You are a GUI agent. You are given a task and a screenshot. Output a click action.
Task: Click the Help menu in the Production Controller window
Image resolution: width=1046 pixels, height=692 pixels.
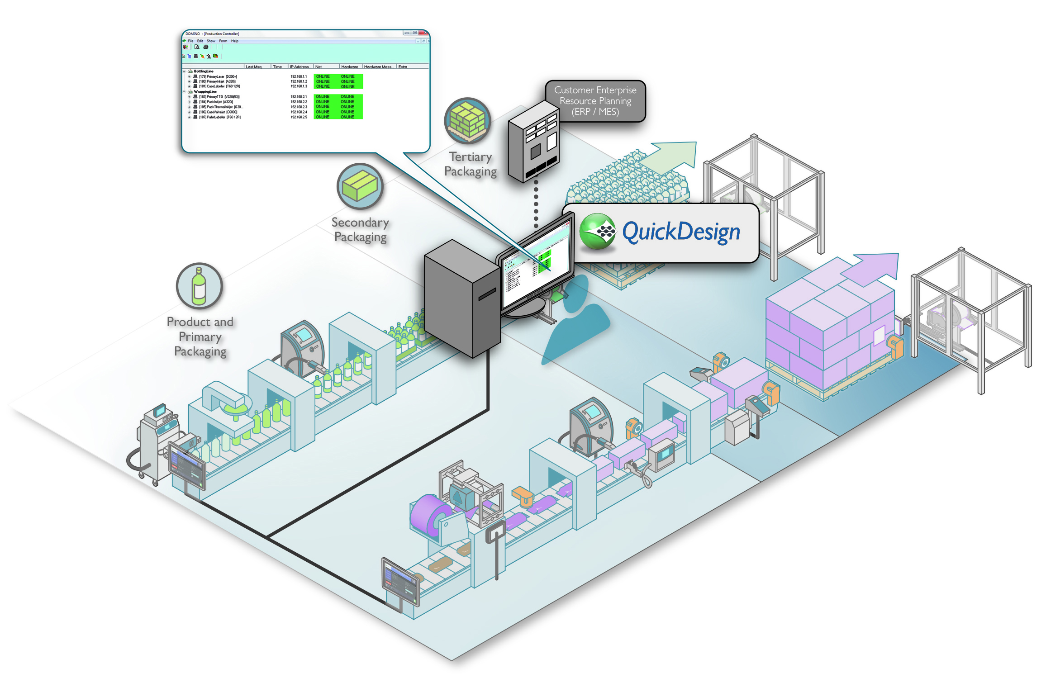coord(234,41)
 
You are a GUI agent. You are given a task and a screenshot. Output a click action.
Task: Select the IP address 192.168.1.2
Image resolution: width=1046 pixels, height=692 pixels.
coord(299,82)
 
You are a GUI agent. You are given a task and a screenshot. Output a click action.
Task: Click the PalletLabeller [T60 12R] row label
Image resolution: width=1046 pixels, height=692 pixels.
coord(219,118)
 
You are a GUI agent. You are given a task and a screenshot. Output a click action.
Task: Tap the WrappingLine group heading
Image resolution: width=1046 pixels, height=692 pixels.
coord(205,92)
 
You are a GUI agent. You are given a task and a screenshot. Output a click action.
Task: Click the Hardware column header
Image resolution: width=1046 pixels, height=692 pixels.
coord(349,67)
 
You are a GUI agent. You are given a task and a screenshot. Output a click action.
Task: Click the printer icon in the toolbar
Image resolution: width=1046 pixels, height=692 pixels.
coord(206,47)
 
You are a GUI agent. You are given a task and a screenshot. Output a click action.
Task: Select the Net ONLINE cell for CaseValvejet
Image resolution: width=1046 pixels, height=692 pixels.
coord(323,112)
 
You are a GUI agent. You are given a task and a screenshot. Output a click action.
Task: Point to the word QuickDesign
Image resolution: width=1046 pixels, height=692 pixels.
coord(681,232)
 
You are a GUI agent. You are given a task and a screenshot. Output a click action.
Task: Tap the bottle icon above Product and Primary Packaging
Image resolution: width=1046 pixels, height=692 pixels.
coord(199,286)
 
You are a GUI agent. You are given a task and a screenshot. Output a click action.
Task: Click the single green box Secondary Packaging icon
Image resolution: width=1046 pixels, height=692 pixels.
coord(360,186)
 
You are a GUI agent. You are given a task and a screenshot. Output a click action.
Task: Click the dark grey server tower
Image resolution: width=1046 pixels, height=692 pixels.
coord(461,299)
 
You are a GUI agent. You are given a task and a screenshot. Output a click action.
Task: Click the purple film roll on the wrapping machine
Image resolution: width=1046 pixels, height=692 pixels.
coord(430,516)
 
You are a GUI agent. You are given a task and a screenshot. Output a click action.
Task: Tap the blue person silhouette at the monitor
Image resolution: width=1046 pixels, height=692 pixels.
coord(577,321)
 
